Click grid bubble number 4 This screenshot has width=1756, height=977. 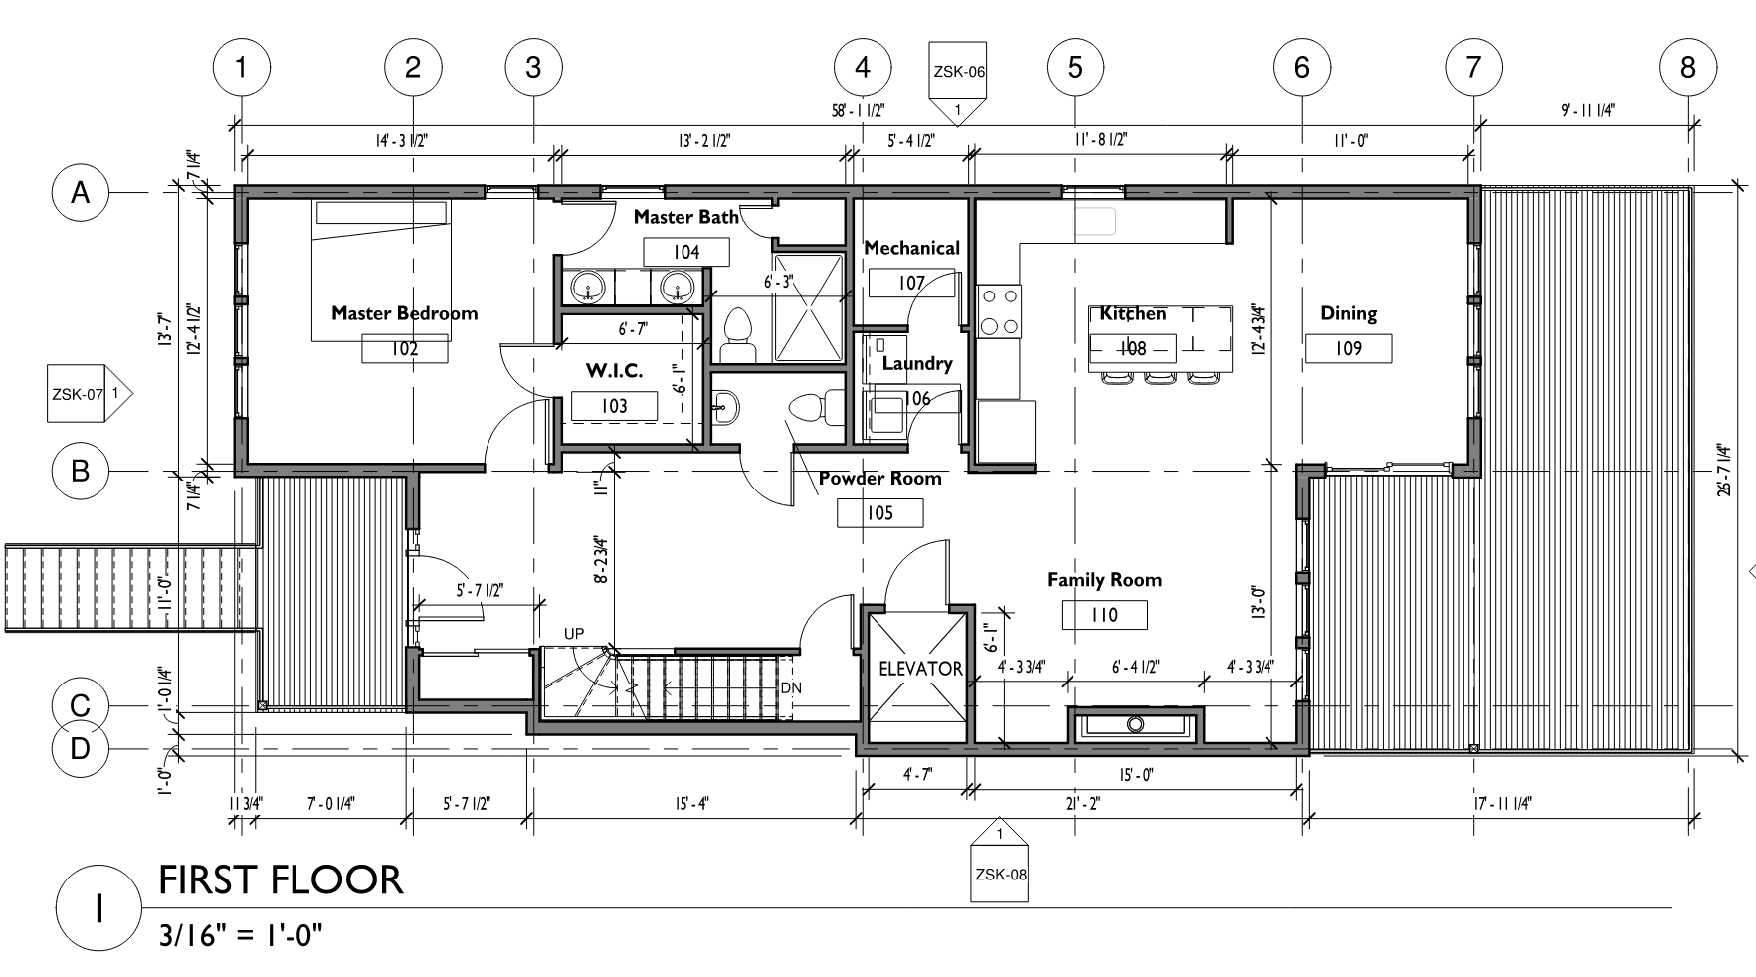[863, 67]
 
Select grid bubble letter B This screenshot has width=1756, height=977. [81, 470]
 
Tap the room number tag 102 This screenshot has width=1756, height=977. [404, 348]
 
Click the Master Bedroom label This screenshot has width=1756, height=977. [404, 313]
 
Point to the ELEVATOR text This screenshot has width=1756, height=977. [921, 669]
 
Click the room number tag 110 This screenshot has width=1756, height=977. [1104, 615]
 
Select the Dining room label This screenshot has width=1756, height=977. [1348, 313]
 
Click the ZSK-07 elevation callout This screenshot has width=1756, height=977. [90, 394]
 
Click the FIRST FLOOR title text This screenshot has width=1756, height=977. [282, 880]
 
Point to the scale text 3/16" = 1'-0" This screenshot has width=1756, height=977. [242, 936]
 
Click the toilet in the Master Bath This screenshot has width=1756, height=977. [737, 336]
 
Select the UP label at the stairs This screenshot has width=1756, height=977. [574, 633]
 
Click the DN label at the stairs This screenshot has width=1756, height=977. [790, 687]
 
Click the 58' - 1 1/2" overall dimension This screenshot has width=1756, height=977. [858, 110]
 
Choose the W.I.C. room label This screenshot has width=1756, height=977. [614, 371]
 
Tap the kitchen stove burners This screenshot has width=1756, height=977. [999, 311]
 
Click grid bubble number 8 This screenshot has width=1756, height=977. [1688, 67]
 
